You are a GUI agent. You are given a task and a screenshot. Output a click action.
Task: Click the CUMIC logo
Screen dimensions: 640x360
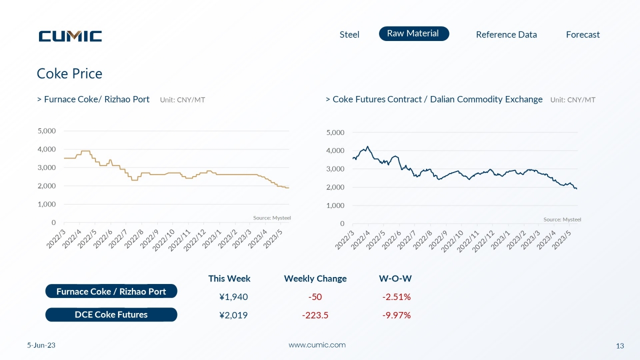70,36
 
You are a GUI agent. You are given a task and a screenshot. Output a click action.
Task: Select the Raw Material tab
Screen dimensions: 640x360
414,33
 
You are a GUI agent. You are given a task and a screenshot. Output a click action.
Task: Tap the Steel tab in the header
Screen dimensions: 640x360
349,34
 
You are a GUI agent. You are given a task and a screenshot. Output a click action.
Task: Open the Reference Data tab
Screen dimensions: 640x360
506,34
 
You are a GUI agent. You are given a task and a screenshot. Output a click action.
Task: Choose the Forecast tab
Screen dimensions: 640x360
583,34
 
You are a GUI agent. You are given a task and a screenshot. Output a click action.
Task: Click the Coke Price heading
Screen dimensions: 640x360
69,73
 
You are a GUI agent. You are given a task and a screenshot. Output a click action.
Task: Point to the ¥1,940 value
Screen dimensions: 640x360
233,297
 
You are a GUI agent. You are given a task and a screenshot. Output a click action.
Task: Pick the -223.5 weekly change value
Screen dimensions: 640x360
315,315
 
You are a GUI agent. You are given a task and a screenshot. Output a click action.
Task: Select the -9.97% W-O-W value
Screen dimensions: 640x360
396,315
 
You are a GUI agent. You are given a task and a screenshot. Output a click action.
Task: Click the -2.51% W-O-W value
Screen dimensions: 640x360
396,297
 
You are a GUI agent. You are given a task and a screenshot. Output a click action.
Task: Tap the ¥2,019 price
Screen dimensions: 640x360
233,315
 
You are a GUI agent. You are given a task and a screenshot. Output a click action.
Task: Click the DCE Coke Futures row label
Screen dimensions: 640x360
111,314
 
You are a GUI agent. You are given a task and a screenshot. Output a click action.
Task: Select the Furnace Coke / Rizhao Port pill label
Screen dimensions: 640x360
111,291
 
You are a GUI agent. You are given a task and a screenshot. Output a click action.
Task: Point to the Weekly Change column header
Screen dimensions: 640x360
315,278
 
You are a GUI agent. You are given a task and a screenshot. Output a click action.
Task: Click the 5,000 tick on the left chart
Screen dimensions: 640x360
46,131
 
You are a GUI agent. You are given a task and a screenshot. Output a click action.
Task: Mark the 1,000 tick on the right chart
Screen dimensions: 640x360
335,205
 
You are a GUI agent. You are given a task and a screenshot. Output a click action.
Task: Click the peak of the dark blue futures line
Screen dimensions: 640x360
367,146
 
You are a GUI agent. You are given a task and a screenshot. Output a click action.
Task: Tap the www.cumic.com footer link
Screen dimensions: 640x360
317,345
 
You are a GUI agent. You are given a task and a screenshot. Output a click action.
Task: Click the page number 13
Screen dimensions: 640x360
619,346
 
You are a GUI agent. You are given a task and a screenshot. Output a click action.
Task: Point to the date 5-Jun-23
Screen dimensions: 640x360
41,345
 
